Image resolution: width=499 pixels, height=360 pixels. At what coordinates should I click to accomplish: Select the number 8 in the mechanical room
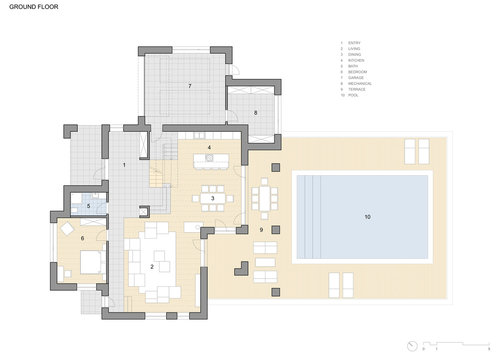(x=256, y=113)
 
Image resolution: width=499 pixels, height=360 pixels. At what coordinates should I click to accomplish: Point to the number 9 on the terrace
(x=262, y=230)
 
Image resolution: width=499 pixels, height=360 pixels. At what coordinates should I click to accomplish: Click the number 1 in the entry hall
(x=124, y=163)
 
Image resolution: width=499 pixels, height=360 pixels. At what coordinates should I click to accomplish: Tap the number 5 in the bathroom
(x=89, y=206)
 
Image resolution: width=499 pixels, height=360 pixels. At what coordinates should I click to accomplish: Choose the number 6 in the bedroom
(x=82, y=237)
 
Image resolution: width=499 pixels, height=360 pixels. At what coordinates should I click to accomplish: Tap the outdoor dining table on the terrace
(x=265, y=194)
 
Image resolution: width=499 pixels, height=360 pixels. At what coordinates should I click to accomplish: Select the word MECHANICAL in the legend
(x=358, y=84)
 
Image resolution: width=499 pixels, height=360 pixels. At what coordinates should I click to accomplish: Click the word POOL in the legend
(x=353, y=96)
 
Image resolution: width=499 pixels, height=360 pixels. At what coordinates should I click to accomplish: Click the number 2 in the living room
(x=152, y=267)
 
